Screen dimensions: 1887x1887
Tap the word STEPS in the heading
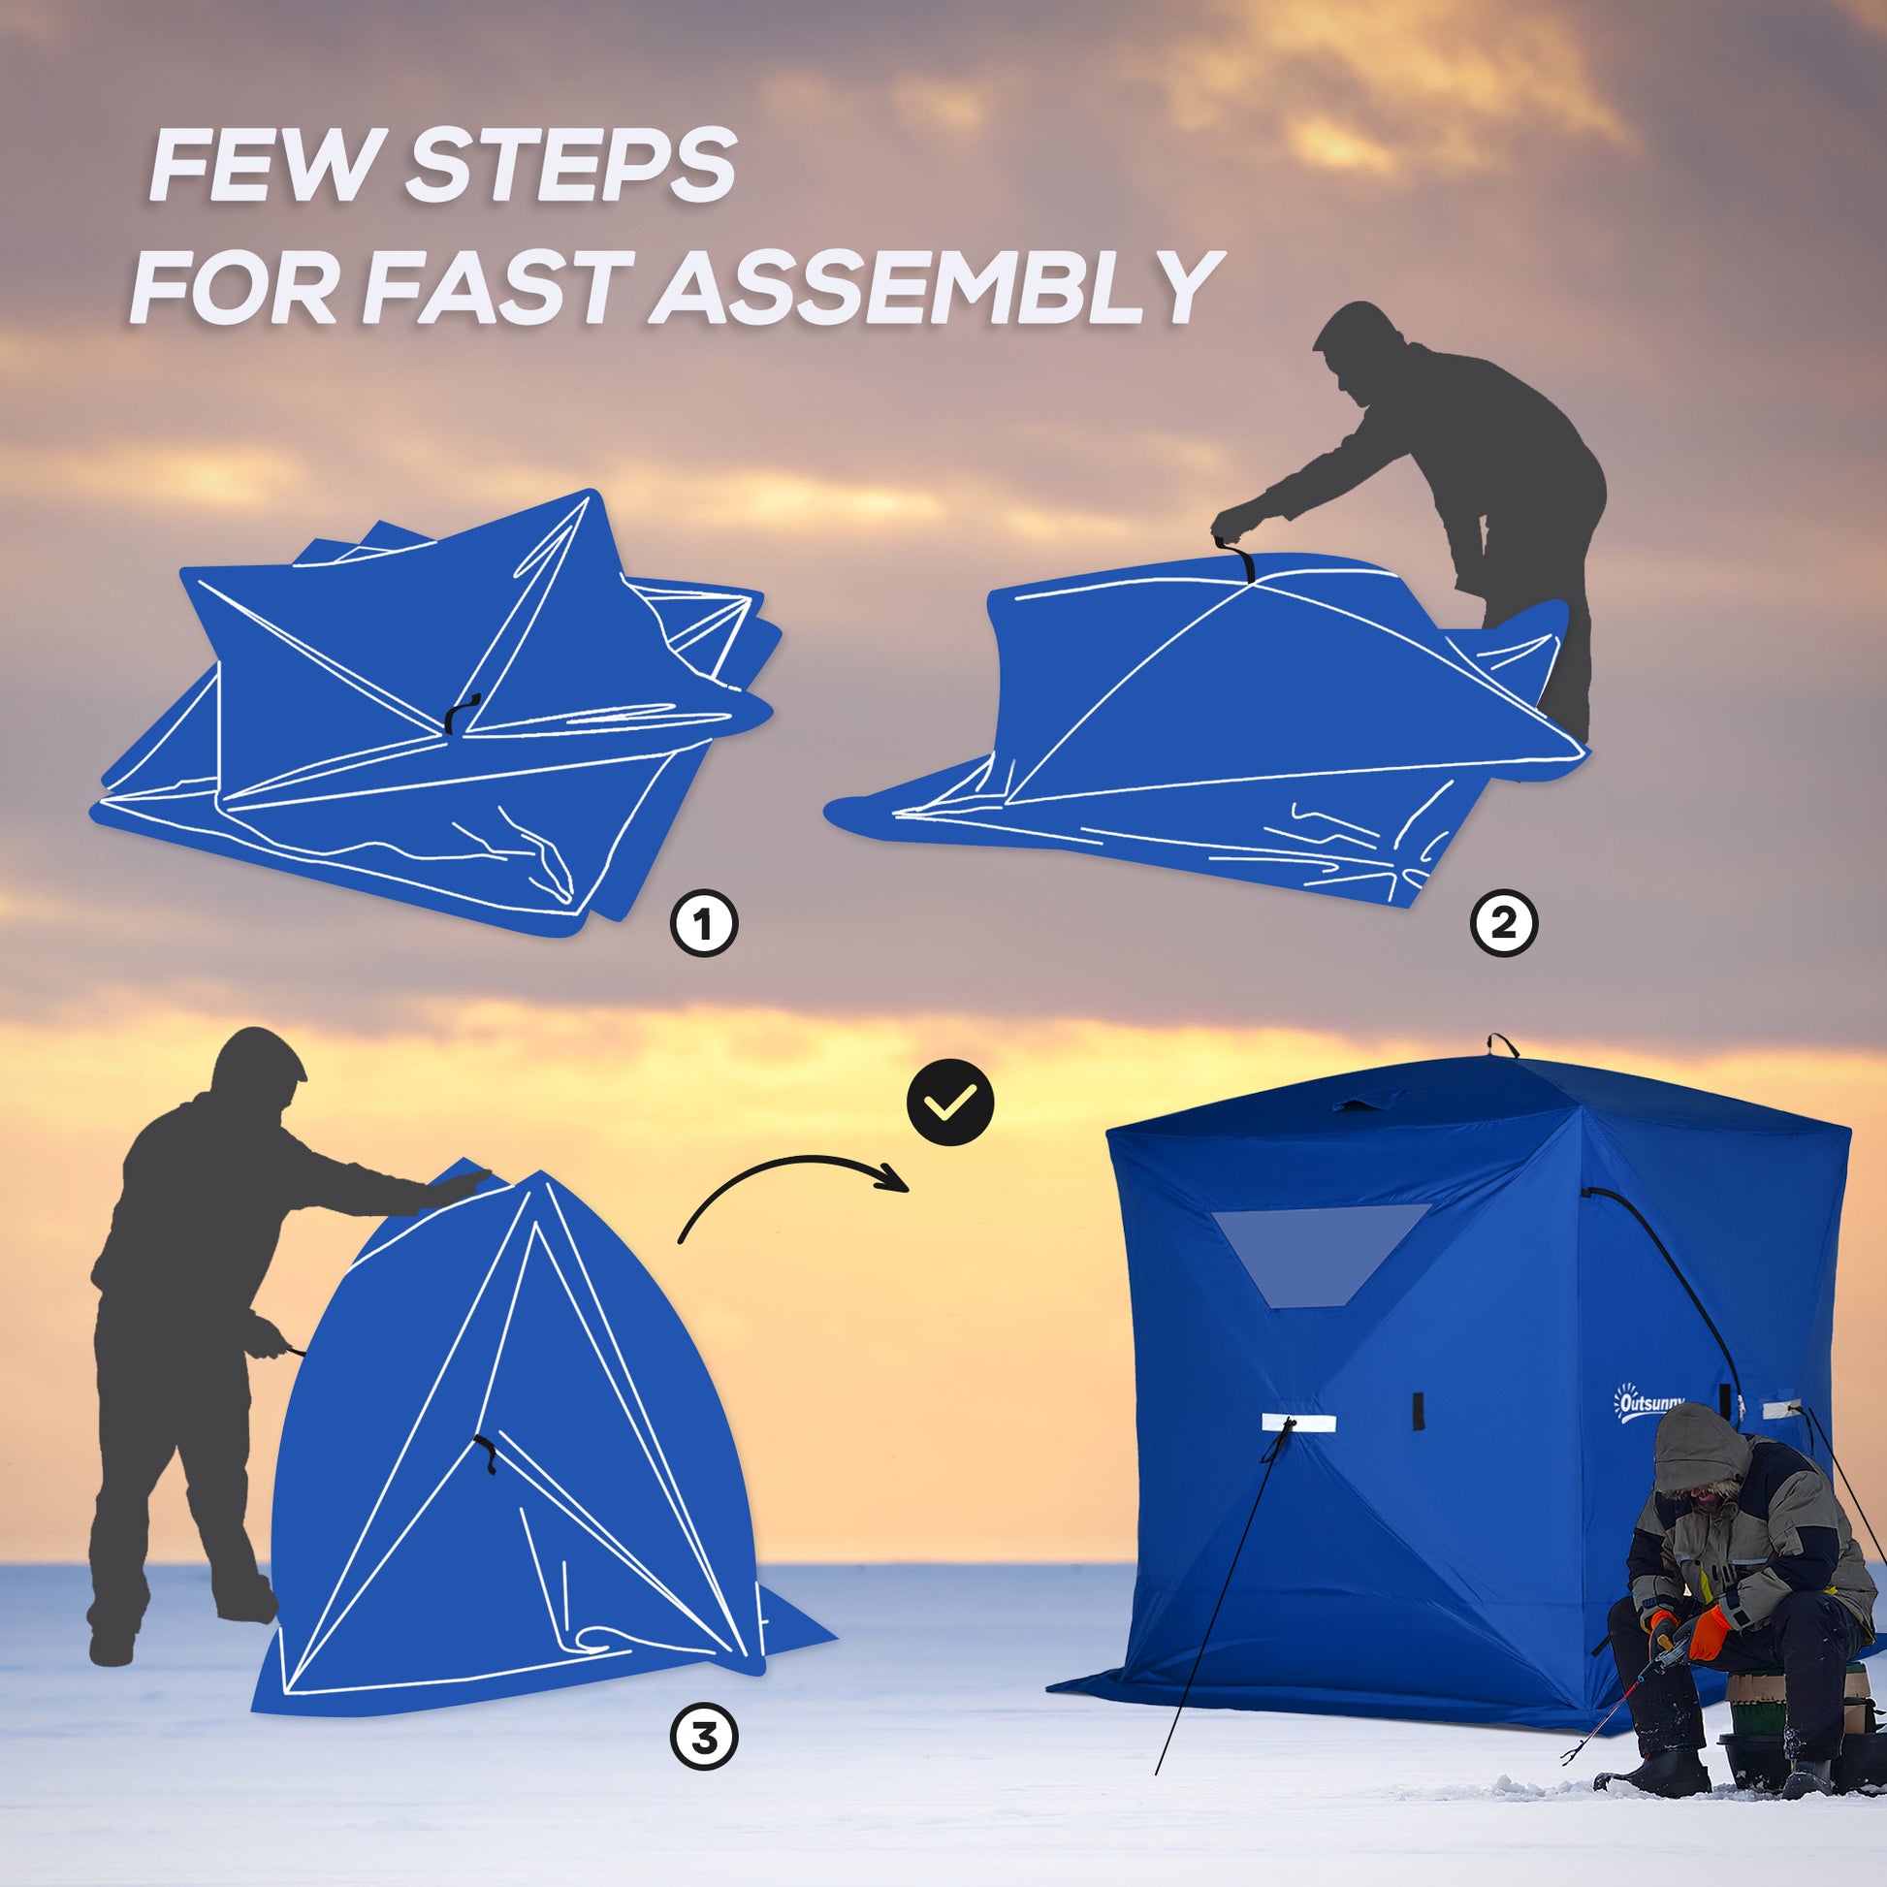569,167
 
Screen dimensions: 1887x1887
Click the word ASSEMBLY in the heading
935,288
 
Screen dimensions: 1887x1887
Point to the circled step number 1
703,922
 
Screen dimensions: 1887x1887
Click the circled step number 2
1504,922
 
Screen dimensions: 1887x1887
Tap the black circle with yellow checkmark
950,1103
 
